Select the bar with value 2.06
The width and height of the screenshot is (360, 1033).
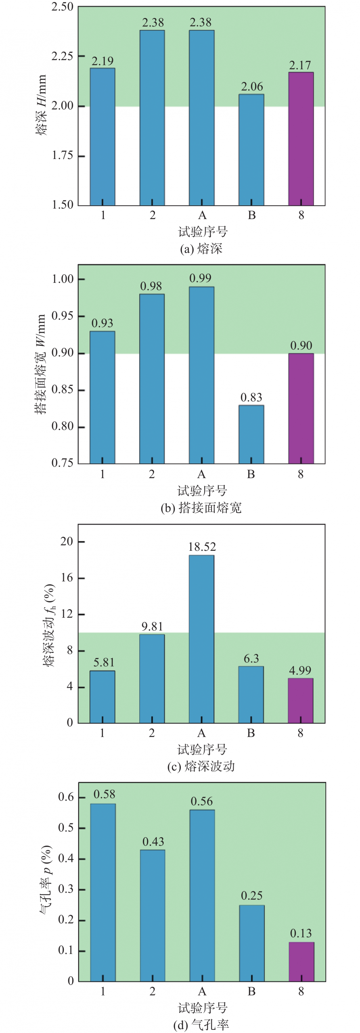coord(251,150)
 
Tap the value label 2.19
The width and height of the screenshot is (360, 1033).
coord(103,61)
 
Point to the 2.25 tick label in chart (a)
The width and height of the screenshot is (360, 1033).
coord(62,56)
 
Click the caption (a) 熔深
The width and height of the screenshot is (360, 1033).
coord(201,249)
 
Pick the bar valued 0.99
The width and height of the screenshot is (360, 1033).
coord(201,375)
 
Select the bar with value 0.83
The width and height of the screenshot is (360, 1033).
coord(251,434)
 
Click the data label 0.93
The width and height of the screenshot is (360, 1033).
coord(102,323)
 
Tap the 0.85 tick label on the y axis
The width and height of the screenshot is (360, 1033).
coord(62,390)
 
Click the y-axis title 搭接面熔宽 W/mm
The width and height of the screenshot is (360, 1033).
coord(41,364)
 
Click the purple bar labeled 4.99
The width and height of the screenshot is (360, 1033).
coord(300,701)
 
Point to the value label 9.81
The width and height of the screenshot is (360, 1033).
coord(152,627)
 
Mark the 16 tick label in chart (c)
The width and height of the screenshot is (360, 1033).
coord(67,578)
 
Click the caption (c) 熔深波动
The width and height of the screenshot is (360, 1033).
coord(201,766)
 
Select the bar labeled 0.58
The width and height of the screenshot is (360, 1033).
coord(103,892)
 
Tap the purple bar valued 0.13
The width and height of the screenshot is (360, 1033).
coord(301,962)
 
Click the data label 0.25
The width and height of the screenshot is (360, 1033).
coord(251,896)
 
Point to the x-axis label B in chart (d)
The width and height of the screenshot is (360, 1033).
coord(251,991)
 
